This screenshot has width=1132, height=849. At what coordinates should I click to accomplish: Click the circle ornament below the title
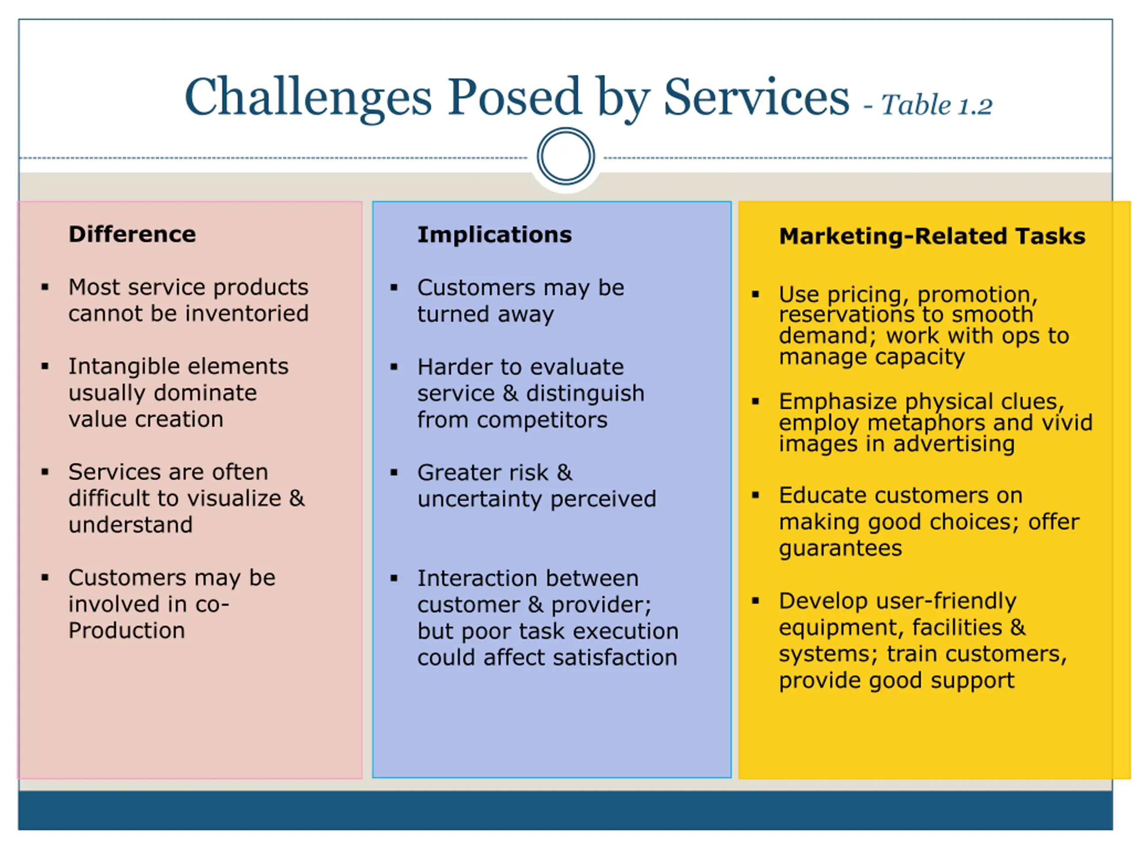point(566,156)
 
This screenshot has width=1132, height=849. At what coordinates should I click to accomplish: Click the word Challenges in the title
point(308,97)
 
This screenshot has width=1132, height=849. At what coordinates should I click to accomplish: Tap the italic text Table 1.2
point(936,105)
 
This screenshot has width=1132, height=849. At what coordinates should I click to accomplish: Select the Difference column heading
point(132,234)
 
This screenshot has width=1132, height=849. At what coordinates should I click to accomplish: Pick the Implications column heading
point(494,235)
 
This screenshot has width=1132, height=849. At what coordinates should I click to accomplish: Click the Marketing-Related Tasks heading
point(932,237)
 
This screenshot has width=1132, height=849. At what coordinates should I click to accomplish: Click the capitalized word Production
point(126,631)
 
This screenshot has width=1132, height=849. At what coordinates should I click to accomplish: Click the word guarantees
point(840,549)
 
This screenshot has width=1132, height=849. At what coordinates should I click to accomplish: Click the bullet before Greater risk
point(394,472)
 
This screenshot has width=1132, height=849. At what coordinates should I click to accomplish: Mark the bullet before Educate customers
point(755,495)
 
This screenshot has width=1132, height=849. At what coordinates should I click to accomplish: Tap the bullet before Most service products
point(45,287)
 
